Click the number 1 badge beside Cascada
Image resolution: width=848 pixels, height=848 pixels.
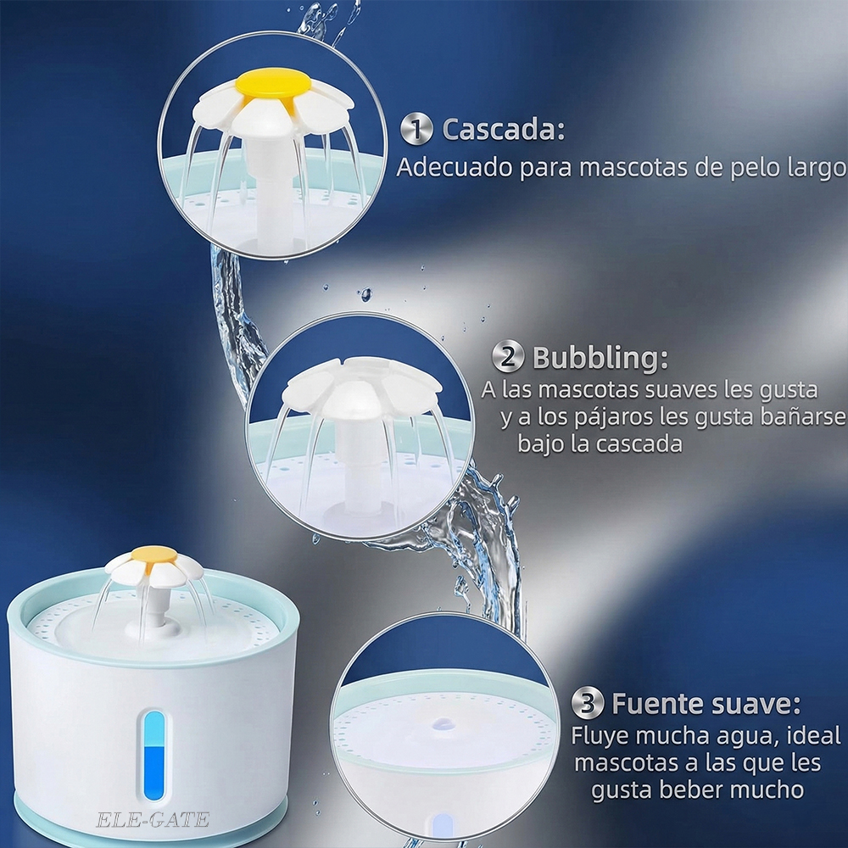tap(416, 129)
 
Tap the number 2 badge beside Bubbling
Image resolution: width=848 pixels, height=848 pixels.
tap(507, 356)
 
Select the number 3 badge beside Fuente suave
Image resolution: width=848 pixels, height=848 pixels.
tap(588, 702)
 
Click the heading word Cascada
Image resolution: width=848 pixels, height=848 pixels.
tap(503, 129)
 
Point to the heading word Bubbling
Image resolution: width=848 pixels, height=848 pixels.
tap(600, 358)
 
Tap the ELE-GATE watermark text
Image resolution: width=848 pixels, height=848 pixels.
tap(153, 820)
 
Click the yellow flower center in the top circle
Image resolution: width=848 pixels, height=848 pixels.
tap(273, 86)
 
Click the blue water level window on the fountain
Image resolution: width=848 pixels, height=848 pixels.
tap(154, 756)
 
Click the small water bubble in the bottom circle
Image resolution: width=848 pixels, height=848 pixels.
tap(444, 722)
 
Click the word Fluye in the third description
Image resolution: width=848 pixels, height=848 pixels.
tap(600, 735)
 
